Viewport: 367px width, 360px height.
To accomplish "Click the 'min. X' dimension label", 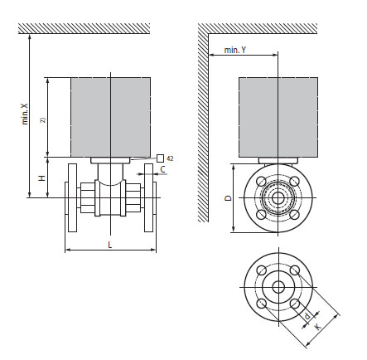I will [24, 114].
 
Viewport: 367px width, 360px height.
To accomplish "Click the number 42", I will [170, 157].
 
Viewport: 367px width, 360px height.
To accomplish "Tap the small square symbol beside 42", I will [159, 157].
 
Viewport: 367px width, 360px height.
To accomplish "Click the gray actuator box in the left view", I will [110, 116].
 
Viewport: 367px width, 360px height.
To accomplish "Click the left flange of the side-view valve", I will [70, 199].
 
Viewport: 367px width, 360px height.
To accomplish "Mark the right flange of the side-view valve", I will [149, 199].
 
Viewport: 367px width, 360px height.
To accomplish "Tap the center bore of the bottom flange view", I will [278, 286].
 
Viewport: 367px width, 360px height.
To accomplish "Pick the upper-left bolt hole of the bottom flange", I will [261, 270].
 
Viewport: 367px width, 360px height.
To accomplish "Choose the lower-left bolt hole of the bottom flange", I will [261, 303].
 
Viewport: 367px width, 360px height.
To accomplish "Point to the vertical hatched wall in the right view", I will [203, 124].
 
